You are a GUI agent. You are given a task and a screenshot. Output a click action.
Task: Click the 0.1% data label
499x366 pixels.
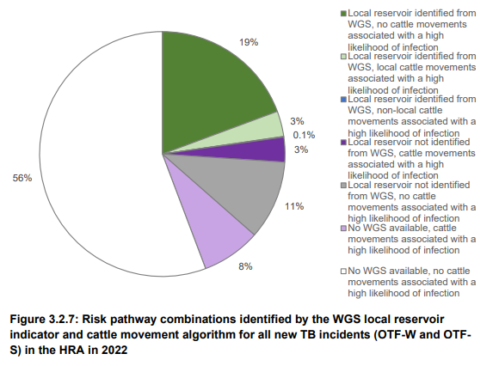pos(302,135)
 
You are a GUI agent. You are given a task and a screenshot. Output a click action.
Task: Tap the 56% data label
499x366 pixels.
pos(22,178)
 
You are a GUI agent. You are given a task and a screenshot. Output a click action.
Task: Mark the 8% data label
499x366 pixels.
pos(245,266)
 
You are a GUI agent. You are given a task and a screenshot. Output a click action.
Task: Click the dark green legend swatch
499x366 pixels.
pos(344,13)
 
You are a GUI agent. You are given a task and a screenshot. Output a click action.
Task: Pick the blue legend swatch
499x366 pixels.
pos(344,100)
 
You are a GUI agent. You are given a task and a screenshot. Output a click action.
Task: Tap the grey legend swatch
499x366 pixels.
pos(344,186)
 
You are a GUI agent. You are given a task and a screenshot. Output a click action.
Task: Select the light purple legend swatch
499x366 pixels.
pos(344,229)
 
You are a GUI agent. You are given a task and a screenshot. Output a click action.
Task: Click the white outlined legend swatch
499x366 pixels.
pos(344,272)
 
